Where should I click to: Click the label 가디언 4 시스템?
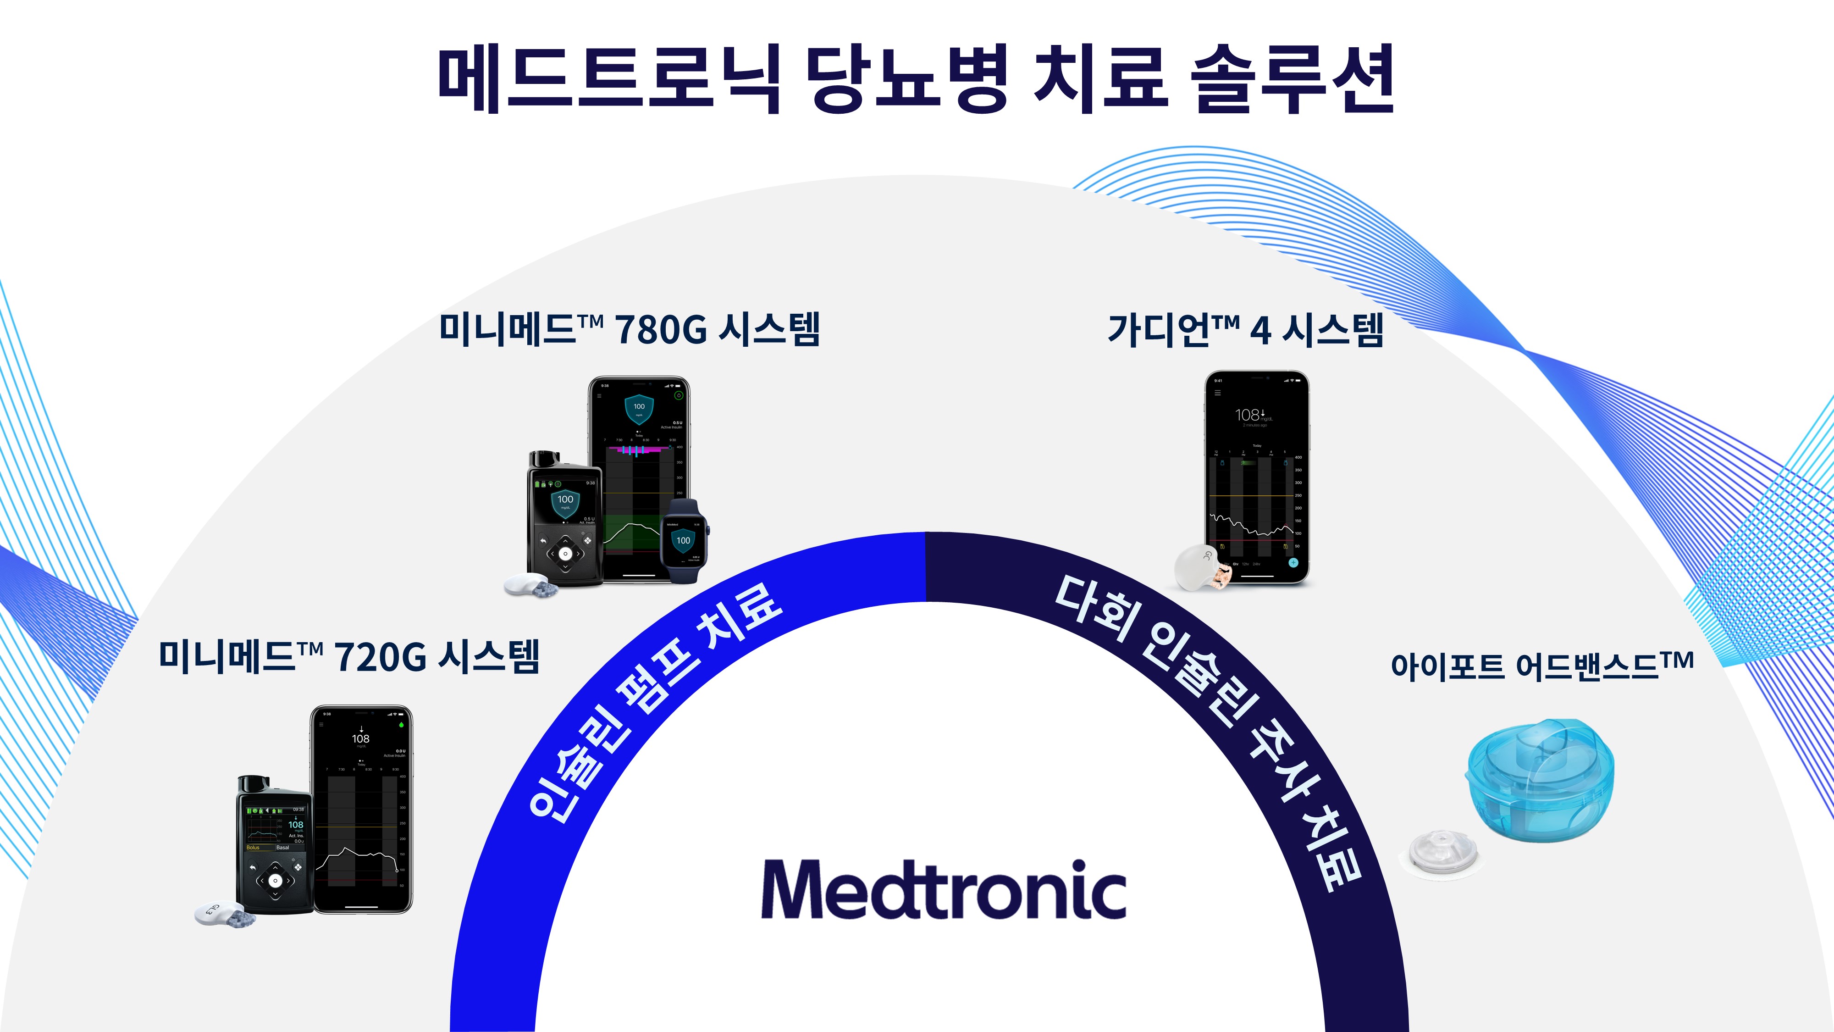click(1245, 330)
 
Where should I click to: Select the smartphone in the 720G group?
click(362, 808)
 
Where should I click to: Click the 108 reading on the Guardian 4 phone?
click(1247, 415)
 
